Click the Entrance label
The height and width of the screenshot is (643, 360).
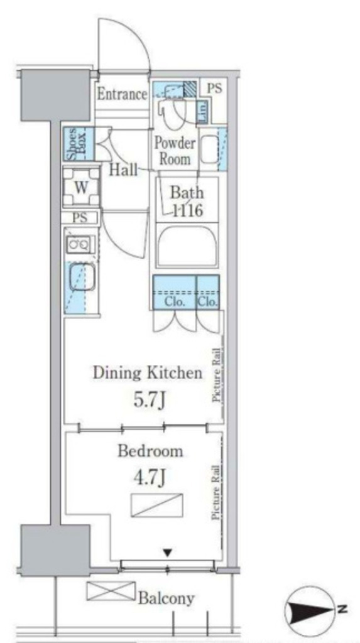121,94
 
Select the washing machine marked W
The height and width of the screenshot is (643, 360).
81,188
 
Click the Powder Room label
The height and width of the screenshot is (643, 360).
175,151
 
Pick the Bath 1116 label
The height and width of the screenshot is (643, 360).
187,201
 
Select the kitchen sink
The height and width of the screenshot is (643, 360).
81,277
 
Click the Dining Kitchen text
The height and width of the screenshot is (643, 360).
148,373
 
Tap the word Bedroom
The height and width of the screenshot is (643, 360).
150,451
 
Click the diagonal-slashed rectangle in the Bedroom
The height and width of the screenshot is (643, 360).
157,505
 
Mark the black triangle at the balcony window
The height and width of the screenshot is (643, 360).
167,554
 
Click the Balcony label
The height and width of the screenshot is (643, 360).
166,598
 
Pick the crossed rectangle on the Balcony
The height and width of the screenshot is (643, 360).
111,592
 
